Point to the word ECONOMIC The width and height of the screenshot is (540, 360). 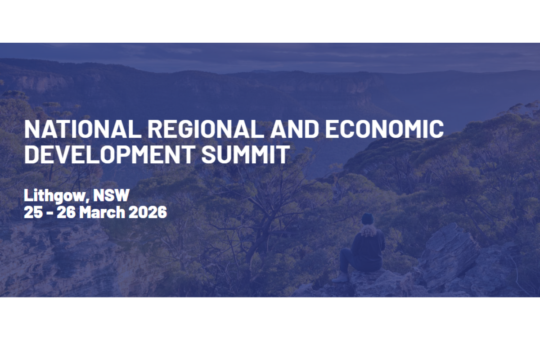384,129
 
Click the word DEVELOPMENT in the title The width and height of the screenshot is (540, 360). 109,155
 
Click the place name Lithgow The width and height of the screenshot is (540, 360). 57,196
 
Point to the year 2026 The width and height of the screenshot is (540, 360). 148,212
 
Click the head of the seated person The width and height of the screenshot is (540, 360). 368,219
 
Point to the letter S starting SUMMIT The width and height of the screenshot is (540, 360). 208,155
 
